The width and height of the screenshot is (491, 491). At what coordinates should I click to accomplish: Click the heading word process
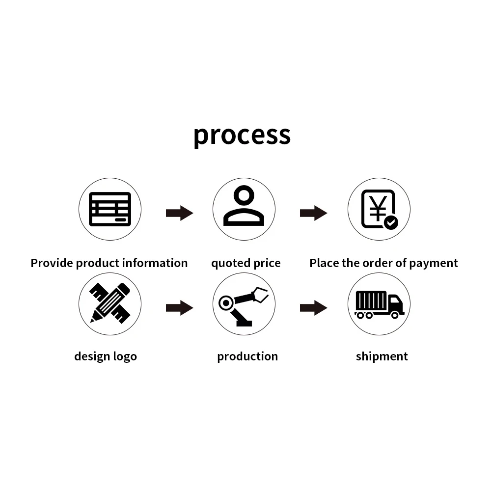pos(242,135)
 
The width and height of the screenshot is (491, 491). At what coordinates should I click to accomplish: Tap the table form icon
pos(110,209)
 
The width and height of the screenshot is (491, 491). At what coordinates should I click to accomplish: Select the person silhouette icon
pos(244,207)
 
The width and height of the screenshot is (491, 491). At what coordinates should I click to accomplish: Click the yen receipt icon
pos(379,209)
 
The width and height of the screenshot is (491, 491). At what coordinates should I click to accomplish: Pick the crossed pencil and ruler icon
pos(110,302)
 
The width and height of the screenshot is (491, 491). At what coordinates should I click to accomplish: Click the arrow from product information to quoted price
pos(179,213)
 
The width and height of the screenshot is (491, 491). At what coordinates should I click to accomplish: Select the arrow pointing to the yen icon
pos(313,213)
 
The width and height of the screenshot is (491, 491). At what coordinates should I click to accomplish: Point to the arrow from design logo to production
pos(179,308)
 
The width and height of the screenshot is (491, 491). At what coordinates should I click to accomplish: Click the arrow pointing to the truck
pos(313,308)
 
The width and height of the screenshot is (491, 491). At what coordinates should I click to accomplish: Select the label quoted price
pos(245,264)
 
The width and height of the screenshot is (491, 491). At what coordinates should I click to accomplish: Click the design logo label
pos(106,356)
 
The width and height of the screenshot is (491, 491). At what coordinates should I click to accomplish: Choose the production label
pos(247,356)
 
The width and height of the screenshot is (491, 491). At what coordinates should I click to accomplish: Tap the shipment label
pos(382,356)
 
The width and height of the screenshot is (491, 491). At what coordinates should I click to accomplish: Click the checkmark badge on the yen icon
pos(391,222)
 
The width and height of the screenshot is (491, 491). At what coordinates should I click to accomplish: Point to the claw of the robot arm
pos(260,295)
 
